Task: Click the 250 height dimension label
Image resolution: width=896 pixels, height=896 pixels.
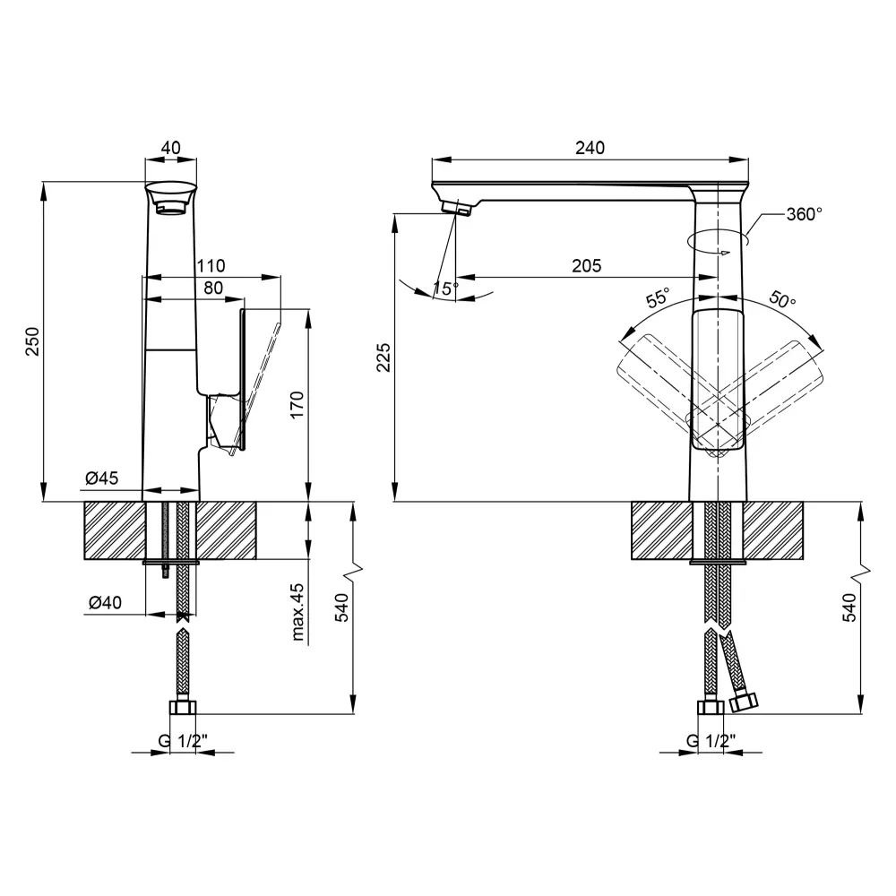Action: point(32,341)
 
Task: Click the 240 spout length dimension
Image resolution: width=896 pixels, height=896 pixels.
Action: point(590,148)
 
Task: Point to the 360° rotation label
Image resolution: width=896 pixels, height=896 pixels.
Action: point(804,214)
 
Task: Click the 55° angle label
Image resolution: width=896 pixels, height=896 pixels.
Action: point(659,298)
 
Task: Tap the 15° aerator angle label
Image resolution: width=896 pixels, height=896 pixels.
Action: point(444,288)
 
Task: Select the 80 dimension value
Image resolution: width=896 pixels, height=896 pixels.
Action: point(212,289)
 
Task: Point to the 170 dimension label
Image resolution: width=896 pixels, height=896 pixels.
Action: point(298,404)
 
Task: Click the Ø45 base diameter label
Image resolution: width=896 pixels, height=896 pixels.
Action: point(102,479)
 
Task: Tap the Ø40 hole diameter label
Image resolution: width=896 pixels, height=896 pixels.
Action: point(105,603)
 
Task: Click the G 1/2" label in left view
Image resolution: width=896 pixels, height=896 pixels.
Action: point(183,741)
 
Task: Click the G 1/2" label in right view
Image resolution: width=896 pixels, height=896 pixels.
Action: point(711,741)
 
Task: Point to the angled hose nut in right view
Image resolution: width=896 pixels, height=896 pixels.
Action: point(744,702)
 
